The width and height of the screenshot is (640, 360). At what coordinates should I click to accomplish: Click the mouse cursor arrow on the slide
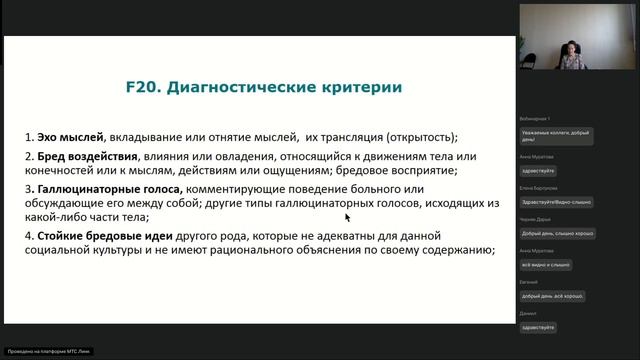[x=347, y=216]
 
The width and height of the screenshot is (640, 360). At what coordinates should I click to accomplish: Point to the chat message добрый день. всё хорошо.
[x=553, y=296]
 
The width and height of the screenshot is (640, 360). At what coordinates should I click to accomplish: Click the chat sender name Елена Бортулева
[x=539, y=187]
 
